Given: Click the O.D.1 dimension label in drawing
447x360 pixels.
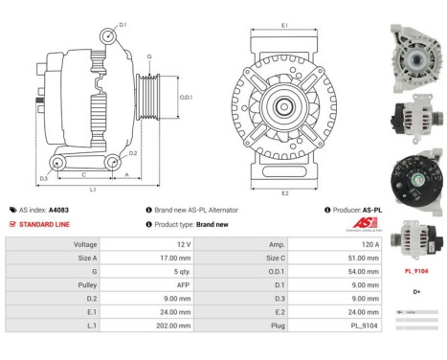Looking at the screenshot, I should [187, 97].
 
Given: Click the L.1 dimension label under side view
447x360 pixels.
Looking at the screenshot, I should [93, 190].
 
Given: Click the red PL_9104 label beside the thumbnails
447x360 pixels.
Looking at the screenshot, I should [416, 271].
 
